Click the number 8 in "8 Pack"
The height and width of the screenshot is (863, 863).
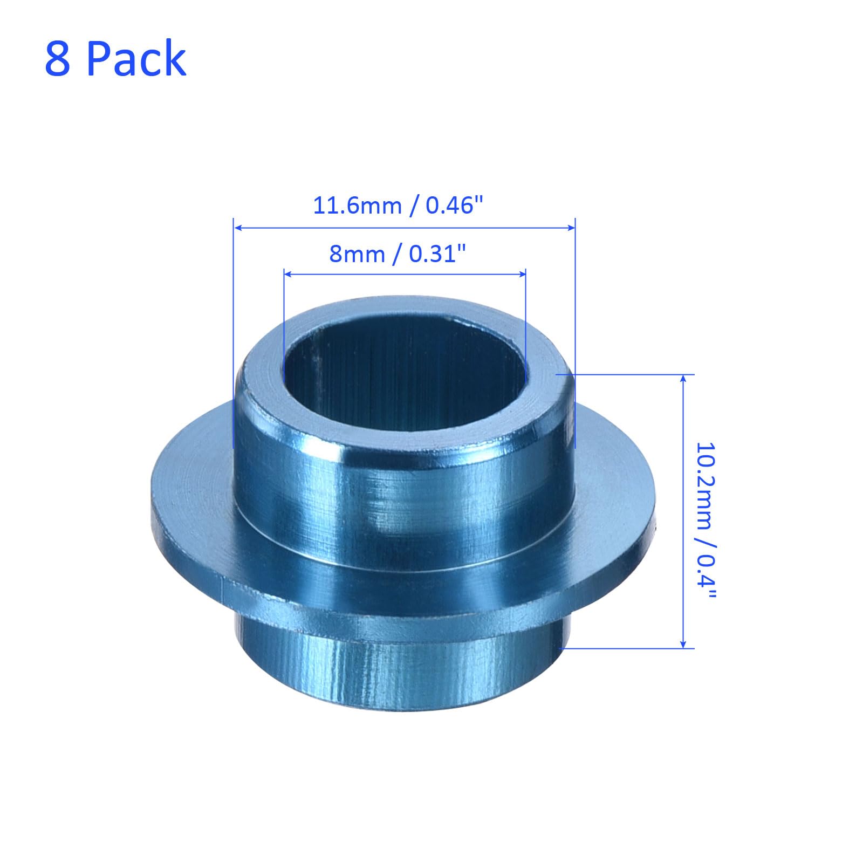(x=58, y=58)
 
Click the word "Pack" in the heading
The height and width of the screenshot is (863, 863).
(x=136, y=58)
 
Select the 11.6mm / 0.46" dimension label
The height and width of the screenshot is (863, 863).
(x=398, y=206)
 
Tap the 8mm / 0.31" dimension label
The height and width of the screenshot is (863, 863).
(x=398, y=254)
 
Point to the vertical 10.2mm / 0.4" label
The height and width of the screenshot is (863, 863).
(x=706, y=522)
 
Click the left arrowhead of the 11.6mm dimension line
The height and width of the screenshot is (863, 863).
(x=237, y=228)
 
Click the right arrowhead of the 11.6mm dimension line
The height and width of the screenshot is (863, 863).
(x=571, y=228)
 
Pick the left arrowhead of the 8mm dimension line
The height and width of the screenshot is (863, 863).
(x=287, y=275)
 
